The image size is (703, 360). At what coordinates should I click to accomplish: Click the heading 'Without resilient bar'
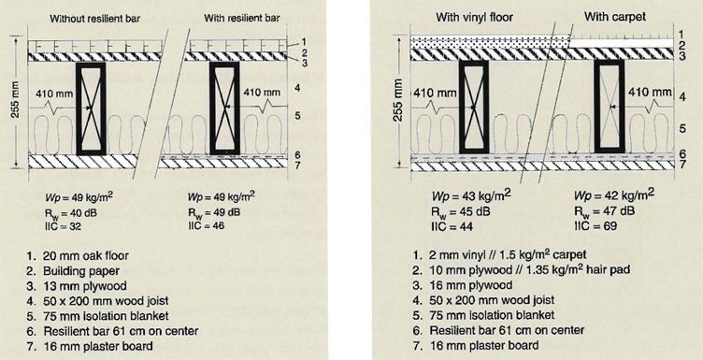(x=94, y=19)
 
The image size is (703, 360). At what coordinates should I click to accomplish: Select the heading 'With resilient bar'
(x=242, y=19)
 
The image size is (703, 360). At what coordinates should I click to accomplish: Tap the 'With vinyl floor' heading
(x=474, y=18)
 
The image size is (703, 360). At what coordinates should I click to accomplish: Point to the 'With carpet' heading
(x=615, y=17)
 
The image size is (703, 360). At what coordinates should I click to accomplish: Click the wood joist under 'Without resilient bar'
(x=91, y=108)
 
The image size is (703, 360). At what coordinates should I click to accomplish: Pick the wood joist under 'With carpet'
(x=610, y=107)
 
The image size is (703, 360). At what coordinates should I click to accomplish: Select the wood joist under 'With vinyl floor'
(x=474, y=107)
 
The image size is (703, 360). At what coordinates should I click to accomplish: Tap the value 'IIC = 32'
(x=63, y=226)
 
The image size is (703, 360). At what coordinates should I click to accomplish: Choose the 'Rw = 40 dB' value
(x=71, y=212)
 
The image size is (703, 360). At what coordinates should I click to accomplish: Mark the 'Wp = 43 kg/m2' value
(x=471, y=196)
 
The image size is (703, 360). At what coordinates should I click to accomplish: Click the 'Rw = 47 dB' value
(x=604, y=211)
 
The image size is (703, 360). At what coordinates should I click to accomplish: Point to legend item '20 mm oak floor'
(x=77, y=256)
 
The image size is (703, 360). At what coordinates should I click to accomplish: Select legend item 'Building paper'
(x=73, y=271)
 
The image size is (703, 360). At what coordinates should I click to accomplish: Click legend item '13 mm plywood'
(x=76, y=286)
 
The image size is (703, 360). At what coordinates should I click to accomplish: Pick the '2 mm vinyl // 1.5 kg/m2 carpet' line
(x=499, y=254)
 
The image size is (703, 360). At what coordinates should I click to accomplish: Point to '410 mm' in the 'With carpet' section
(x=650, y=93)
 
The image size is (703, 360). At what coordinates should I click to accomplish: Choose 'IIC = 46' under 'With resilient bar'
(x=207, y=225)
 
